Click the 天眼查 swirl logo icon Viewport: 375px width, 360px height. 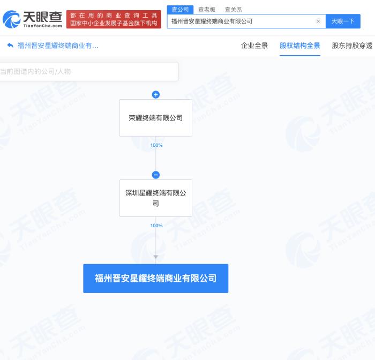point(11,19)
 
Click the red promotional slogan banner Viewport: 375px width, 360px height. point(114,19)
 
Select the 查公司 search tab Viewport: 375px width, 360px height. point(180,10)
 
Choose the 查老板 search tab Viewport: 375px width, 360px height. point(207,10)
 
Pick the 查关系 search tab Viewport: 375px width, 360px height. point(234,10)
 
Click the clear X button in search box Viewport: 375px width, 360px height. point(318,21)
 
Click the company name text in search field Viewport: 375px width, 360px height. point(212,21)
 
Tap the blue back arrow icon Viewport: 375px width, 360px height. point(10,45)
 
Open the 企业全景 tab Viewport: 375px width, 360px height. point(254,46)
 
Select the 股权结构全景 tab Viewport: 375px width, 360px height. point(300,46)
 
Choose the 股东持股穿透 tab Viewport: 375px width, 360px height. point(352,46)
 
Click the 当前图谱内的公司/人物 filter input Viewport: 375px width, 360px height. point(89,72)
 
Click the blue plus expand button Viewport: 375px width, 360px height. point(156,95)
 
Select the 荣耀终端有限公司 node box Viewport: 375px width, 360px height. point(156,118)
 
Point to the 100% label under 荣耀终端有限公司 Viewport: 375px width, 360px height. point(156,145)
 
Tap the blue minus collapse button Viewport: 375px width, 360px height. point(156,175)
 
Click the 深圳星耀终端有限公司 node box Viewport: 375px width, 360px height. point(156,198)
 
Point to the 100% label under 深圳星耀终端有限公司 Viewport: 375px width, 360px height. point(156,226)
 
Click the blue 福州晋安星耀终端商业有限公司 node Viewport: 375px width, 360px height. point(156,279)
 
